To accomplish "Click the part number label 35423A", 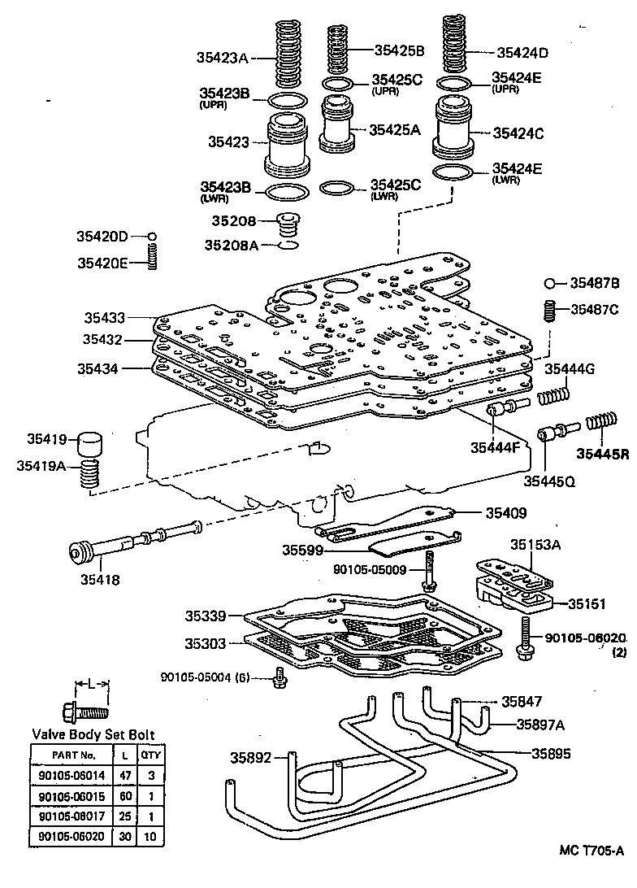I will coord(221,58).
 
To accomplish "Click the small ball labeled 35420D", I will coord(152,236).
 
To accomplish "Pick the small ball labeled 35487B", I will coord(550,284).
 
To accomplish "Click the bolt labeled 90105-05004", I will coord(280,677).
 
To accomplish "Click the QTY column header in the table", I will coord(150,755).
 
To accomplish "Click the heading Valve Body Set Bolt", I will coord(93,734).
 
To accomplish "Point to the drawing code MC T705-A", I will coord(591,873).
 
